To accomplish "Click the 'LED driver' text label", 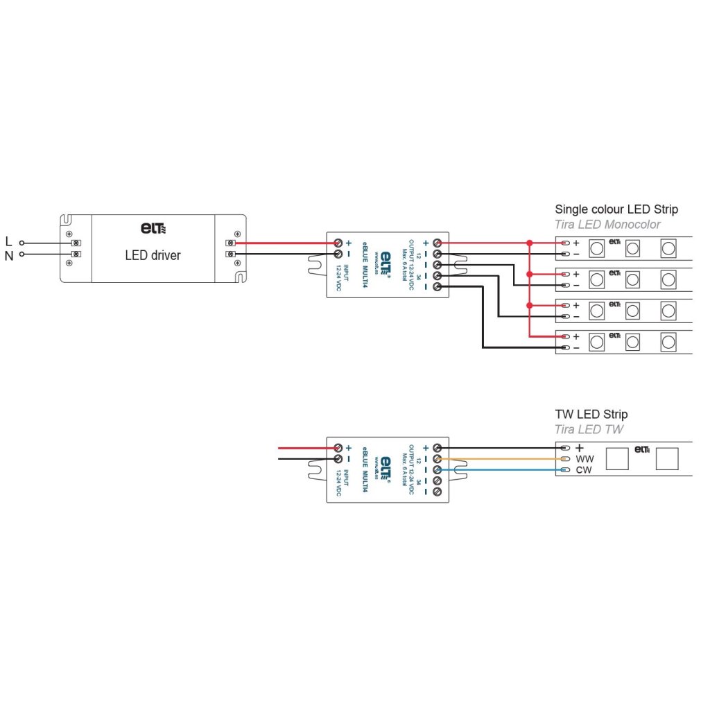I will pyautogui.click(x=153, y=255).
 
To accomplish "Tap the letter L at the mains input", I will pyautogui.click(x=8, y=242).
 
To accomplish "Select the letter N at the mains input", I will pyautogui.click(x=9, y=255).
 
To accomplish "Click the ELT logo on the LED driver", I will pyautogui.click(x=153, y=227).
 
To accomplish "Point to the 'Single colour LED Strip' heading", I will pyautogui.click(x=616, y=209).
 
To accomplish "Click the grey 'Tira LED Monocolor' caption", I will pyautogui.click(x=607, y=224).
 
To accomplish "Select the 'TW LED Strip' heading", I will pyautogui.click(x=591, y=414).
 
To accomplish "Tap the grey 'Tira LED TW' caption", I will pyautogui.click(x=589, y=429).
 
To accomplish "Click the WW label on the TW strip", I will pyautogui.click(x=585, y=459).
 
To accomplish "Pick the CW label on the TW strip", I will pyautogui.click(x=583, y=470).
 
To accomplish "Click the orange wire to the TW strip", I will pyautogui.click(x=499, y=459).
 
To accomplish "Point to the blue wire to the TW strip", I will pyautogui.click(x=499, y=470).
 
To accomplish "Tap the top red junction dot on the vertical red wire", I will pyautogui.click(x=529, y=243).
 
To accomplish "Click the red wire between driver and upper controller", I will pyautogui.click(x=284, y=243).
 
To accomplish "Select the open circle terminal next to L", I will pyautogui.click(x=21, y=243).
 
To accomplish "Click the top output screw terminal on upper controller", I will pyautogui.click(x=438, y=243).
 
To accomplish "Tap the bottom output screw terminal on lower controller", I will pyautogui.click(x=438, y=492).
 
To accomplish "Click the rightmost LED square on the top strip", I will pyautogui.click(x=668, y=247).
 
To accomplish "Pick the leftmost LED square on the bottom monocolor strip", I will pyautogui.click(x=596, y=342).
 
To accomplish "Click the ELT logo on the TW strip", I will pyautogui.click(x=641, y=449).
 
